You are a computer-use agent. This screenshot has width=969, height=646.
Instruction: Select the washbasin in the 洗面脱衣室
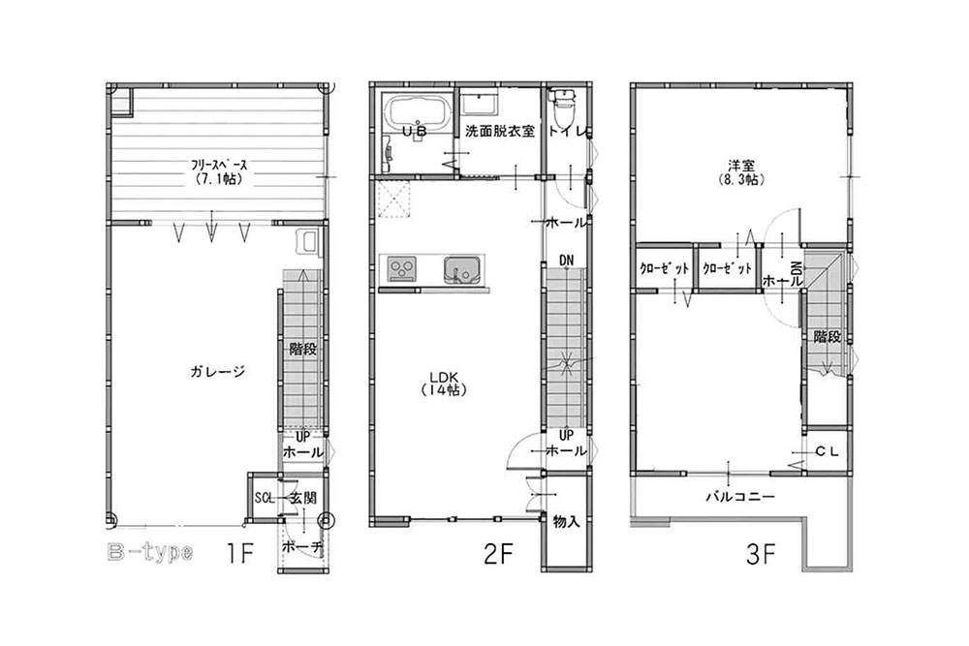pos(479,104)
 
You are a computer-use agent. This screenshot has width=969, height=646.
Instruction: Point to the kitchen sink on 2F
pos(461,268)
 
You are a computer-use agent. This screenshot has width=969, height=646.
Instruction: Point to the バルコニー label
pos(738,497)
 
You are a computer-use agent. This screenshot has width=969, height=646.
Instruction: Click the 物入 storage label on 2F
pos(566,522)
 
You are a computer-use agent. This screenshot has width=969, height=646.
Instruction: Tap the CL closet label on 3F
pos(827,451)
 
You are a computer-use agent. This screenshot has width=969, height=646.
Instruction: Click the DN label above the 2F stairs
pos(566,260)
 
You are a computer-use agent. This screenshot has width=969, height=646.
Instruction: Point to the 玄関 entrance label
pos(302,498)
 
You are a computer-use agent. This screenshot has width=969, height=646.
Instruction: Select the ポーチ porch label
pos(299,547)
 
